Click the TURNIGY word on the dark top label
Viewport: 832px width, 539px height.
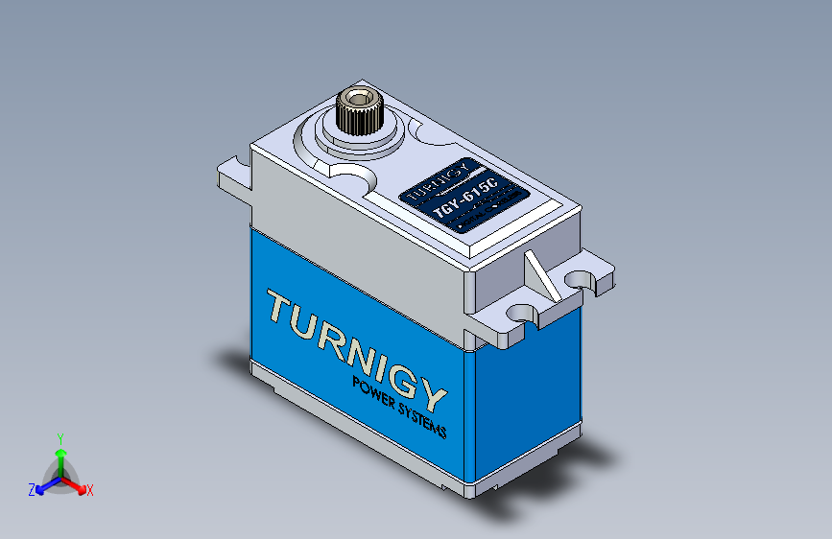438,179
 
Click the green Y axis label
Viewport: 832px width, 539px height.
60,436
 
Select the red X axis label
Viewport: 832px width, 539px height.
90,490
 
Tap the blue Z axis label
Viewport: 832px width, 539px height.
32,489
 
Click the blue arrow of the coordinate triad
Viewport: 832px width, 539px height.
43,485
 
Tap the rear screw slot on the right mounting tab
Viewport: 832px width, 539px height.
580,277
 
